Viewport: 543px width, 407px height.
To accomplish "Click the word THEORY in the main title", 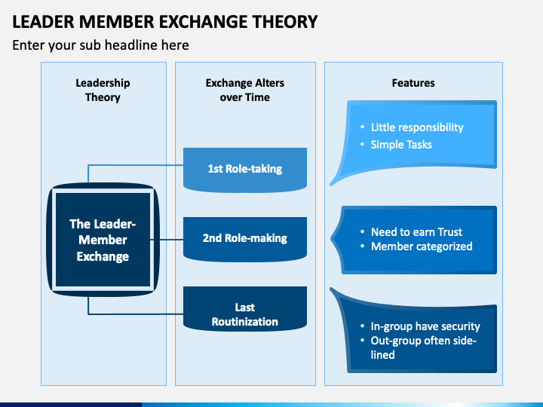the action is click(x=284, y=21).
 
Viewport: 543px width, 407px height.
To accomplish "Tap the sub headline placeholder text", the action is click(x=100, y=45).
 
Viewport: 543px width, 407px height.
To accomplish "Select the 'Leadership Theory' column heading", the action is click(x=103, y=90).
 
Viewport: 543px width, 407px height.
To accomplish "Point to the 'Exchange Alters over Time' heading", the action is click(x=245, y=90).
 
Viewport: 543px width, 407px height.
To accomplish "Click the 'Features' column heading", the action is click(x=413, y=83).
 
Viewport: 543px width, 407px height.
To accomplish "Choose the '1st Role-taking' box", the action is click(x=245, y=170).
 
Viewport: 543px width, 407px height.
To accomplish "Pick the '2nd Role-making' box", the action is click(x=245, y=239).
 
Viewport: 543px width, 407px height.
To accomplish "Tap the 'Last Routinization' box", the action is click(x=245, y=308).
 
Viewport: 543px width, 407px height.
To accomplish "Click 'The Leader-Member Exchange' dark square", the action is click(x=103, y=240).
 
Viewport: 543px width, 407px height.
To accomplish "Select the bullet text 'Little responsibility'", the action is click(x=417, y=127).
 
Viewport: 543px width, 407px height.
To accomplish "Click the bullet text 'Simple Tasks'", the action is click(x=401, y=145).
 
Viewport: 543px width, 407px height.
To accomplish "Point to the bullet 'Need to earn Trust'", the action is click(x=416, y=232).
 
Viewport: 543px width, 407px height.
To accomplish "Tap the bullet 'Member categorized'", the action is click(x=422, y=246).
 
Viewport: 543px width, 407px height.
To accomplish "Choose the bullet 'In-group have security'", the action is click(x=425, y=326).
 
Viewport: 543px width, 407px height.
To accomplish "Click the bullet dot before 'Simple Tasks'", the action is click(x=362, y=144).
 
